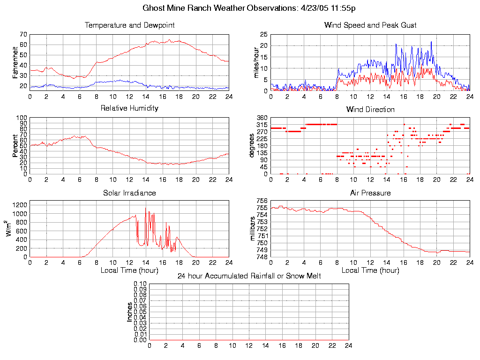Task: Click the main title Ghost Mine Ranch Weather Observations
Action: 248,8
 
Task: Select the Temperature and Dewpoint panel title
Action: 129,25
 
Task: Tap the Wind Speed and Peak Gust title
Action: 370,25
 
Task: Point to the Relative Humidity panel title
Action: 129,108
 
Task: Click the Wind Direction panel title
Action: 370,109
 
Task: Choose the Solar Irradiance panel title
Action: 129,193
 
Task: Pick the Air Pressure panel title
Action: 370,193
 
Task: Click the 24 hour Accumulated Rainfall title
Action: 249,276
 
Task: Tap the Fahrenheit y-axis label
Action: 15,61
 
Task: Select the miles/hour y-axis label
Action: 256,63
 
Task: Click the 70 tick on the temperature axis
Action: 23,35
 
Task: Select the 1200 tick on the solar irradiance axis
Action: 20,205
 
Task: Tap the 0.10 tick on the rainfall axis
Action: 140,284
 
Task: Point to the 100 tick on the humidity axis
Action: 22,118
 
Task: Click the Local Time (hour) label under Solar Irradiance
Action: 129,270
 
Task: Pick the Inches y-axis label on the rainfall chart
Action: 129,312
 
